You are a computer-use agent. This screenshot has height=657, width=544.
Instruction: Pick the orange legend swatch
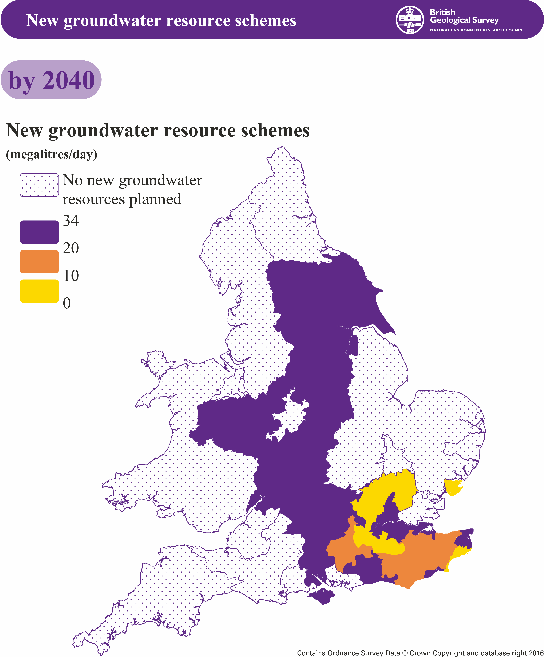tap(39, 261)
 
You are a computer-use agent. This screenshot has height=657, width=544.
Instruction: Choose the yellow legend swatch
tap(39, 291)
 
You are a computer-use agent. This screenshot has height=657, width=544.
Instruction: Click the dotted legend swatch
tap(39, 185)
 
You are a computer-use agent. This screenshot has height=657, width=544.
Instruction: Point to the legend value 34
tap(71, 221)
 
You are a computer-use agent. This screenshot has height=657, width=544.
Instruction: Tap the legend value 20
tap(71, 248)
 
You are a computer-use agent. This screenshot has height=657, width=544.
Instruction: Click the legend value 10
tap(71, 276)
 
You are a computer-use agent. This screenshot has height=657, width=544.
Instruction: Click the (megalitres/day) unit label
tap(52, 154)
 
